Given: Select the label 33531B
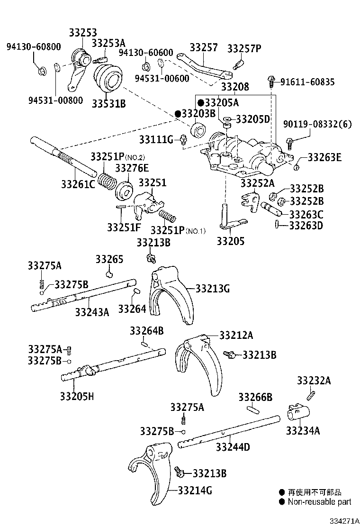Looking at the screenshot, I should [108, 103].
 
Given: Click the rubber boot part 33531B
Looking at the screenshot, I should [108, 79].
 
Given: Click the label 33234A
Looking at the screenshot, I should [303, 430].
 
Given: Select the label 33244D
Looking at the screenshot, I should [233, 447].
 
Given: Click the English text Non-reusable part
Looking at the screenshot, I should [320, 502].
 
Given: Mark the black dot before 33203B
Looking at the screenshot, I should [178, 114].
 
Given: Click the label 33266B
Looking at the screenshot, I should [255, 397].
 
